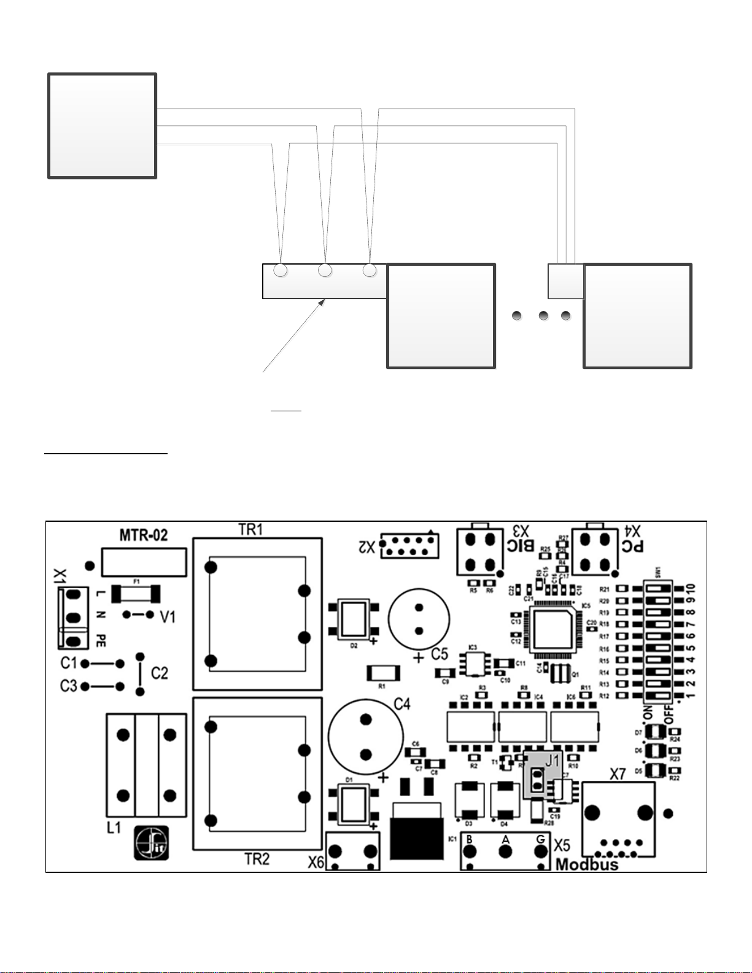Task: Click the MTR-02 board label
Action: click(143, 535)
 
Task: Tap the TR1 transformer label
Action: click(250, 530)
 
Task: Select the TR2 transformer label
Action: click(257, 859)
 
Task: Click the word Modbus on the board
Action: click(587, 864)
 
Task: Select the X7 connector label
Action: click(618, 774)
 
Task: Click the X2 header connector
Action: click(409, 545)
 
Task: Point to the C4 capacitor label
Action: click(401, 704)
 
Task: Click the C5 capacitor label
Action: click(440, 654)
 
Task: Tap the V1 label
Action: click(168, 617)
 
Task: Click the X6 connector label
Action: click(316, 863)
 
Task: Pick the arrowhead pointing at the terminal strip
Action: click(324, 301)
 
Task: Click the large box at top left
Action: click(103, 126)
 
